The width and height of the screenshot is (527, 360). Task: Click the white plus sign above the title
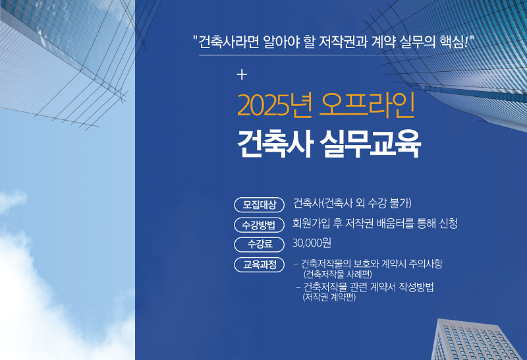point(242,75)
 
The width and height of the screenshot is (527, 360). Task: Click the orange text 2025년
point(275,105)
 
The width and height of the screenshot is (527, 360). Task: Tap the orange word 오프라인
point(368,105)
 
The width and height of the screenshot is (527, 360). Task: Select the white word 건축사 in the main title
point(275,144)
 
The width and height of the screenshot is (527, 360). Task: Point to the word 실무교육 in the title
point(370,144)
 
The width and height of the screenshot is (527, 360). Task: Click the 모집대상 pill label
point(259,204)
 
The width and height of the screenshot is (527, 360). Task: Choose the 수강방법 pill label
point(259,225)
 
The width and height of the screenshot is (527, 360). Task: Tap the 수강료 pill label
point(259,244)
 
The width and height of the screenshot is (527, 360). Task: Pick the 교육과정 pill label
point(259,264)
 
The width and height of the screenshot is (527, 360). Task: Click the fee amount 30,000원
point(312,243)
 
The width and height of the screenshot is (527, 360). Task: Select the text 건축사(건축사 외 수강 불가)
point(352,203)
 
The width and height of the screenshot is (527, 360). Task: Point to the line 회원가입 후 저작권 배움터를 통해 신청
point(375,223)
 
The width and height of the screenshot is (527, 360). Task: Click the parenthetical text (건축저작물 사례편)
point(338,274)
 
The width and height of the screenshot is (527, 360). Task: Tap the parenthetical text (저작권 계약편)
point(329,297)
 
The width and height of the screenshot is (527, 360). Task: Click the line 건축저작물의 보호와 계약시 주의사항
point(372,264)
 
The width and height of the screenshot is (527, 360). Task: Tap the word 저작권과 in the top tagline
point(343,42)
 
